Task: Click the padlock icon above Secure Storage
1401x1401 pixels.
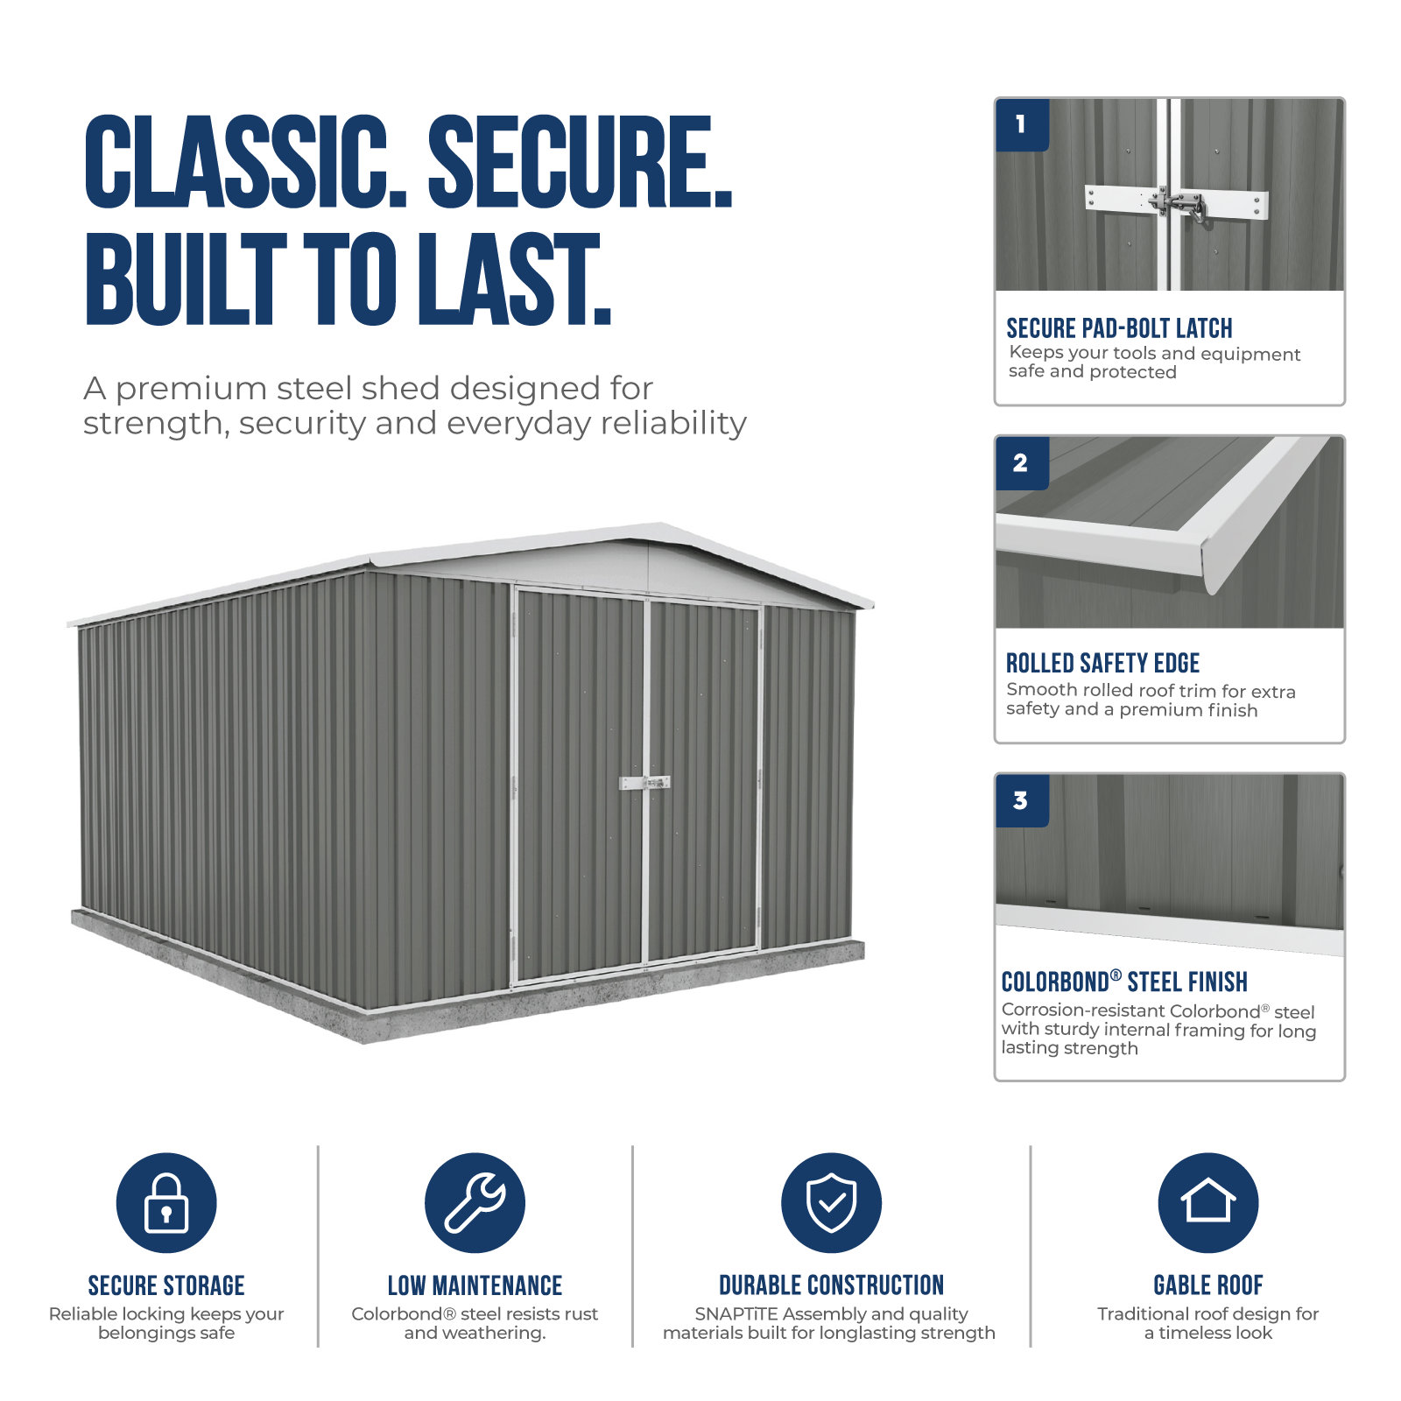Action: [166, 1202]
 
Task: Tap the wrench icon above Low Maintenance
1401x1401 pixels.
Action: [475, 1202]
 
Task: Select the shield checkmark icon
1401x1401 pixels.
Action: [831, 1202]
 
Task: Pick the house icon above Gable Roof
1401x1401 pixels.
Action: [1208, 1202]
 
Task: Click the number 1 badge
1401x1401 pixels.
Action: [1022, 125]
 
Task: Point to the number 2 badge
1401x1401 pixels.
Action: [1022, 463]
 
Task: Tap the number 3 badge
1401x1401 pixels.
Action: [1022, 801]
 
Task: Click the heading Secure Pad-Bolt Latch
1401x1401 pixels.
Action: [1119, 328]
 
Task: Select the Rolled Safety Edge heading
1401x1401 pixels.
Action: [1102, 663]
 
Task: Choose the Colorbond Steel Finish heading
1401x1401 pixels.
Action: [1124, 982]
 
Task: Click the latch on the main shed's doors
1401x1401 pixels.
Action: [645, 782]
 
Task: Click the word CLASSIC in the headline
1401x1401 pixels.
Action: [236, 162]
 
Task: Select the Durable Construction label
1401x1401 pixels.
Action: [831, 1285]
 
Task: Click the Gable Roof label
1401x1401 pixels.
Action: [1208, 1285]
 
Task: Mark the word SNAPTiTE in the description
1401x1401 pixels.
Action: [736, 1314]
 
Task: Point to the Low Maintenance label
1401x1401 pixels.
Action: [475, 1285]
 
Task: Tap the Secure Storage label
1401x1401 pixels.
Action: [166, 1285]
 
